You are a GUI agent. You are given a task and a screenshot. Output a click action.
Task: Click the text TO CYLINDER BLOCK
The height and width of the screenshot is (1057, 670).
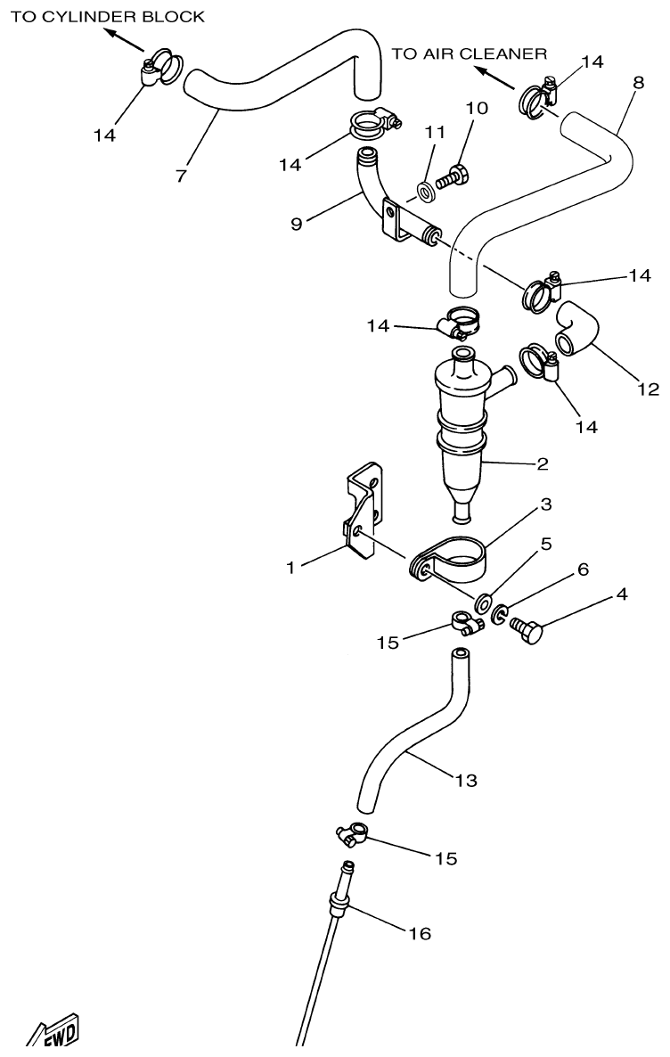[x=107, y=16]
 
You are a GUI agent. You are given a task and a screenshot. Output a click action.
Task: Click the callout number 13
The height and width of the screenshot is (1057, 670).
[x=465, y=781]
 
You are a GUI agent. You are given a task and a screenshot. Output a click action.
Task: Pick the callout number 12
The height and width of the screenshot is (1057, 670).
[x=648, y=389]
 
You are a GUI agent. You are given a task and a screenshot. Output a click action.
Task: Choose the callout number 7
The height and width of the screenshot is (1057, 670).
[x=182, y=176]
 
